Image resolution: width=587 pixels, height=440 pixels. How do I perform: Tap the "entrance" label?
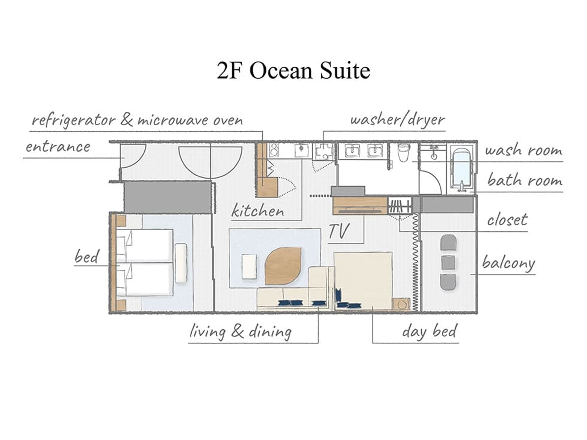pos(58,147)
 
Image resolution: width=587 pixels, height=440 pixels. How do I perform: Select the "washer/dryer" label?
pos(397,120)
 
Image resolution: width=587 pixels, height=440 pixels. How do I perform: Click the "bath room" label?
pos(525,180)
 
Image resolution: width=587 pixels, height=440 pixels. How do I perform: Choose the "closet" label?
pos(507,220)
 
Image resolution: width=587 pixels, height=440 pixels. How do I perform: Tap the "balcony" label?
pos(509,263)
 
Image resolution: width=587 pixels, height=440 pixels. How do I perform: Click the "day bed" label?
pos(429,331)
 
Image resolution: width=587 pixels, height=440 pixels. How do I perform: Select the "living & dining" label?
pos(240,332)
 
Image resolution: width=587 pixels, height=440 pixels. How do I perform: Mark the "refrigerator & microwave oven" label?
pos(137,120)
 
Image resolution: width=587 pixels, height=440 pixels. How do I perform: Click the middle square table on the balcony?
pos(448,262)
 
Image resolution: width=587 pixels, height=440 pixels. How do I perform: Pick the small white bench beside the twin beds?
pos(181,263)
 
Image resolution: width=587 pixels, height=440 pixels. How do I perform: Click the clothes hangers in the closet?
pos(400,206)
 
